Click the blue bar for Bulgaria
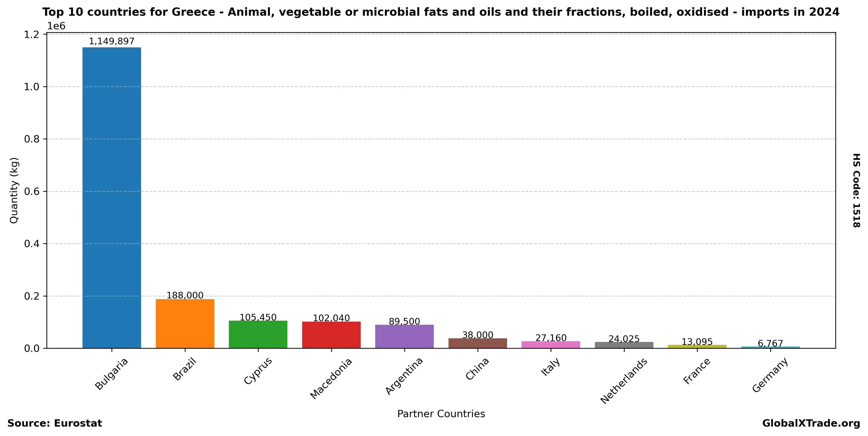pyautogui.click(x=112, y=198)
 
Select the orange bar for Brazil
pyautogui.click(x=185, y=323)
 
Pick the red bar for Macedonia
pyautogui.click(x=331, y=335)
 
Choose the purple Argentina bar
pyautogui.click(x=404, y=336)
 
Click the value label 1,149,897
pyautogui.click(x=112, y=41)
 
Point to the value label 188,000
pyautogui.click(x=185, y=295)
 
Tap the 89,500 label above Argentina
pyautogui.click(x=404, y=321)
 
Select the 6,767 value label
pyautogui.click(x=770, y=343)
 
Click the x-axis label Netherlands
pyautogui.click(x=623, y=381)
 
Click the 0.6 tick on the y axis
pyautogui.click(x=32, y=191)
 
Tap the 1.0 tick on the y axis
pyautogui.click(x=32, y=87)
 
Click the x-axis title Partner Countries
pyautogui.click(x=441, y=414)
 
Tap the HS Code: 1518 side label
pyautogui.click(x=856, y=190)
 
